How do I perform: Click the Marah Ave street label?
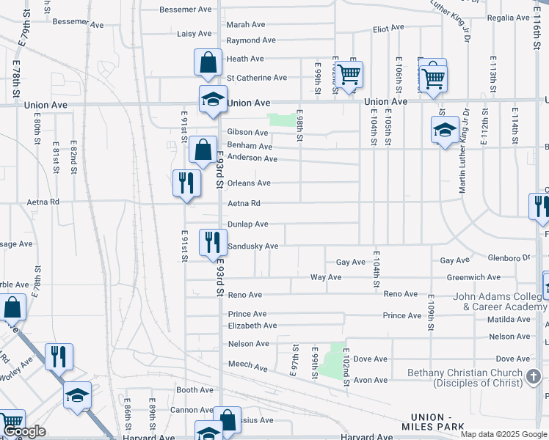point(245,25)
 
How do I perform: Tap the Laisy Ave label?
point(194,34)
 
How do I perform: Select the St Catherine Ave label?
point(256,78)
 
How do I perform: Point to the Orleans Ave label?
point(249,183)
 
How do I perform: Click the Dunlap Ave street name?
point(247,224)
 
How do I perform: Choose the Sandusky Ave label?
point(252,246)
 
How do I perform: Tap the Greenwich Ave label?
point(473,278)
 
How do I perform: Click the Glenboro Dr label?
point(507,258)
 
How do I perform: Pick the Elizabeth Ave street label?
point(252,326)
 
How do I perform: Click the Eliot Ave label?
point(388,28)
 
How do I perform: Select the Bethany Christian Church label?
point(468,378)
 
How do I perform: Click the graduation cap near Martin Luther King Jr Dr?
point(445,131)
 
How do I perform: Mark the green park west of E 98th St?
point(280,120)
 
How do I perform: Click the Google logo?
point(23,432)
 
